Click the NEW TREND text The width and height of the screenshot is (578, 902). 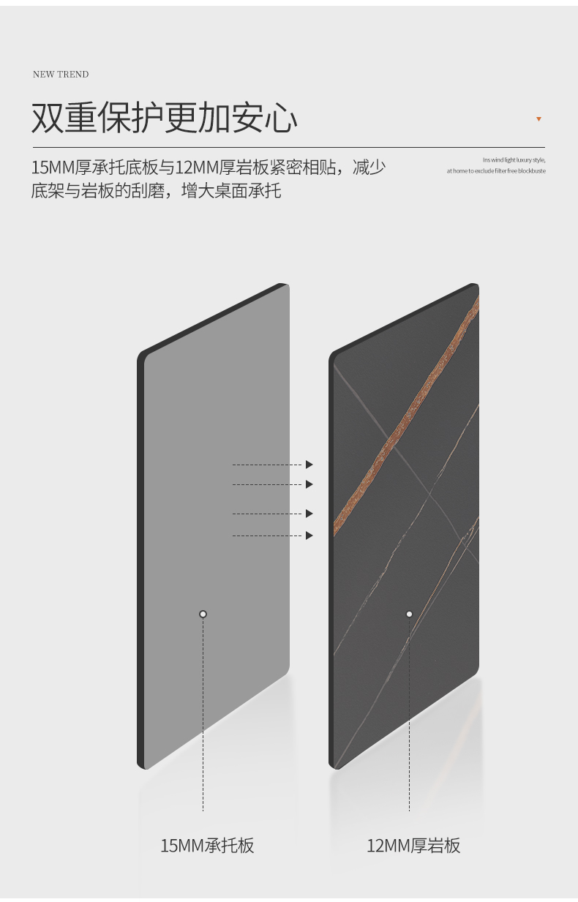click(61, 75)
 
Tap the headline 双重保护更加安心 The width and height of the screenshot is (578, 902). click(165, 118)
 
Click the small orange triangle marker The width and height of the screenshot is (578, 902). click(538, 119)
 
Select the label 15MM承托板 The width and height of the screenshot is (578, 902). click(207, 845)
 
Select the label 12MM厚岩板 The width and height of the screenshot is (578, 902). click(413, 845)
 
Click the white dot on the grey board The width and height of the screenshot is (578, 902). click(203, 614)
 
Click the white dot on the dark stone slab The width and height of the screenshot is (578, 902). click(409, 614)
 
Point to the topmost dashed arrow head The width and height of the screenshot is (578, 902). click(309, 465)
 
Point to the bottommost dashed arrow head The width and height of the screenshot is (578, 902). click(309, 535)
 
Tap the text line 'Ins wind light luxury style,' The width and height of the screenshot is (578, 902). click(514, 160)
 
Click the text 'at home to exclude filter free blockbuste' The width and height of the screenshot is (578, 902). click(496, 170)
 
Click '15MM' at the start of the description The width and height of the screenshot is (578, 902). click(53, 168)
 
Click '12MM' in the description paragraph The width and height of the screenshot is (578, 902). click(197, 168)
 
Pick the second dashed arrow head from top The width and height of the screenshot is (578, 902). click(309, 484)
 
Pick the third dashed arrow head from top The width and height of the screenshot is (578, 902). click(309, 514)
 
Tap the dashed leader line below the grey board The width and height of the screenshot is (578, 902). click(203, 715)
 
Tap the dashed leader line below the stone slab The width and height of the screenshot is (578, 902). click(409, 715)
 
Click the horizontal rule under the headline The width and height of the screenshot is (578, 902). click(288, 147)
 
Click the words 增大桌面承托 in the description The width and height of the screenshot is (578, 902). click(231, 191)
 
